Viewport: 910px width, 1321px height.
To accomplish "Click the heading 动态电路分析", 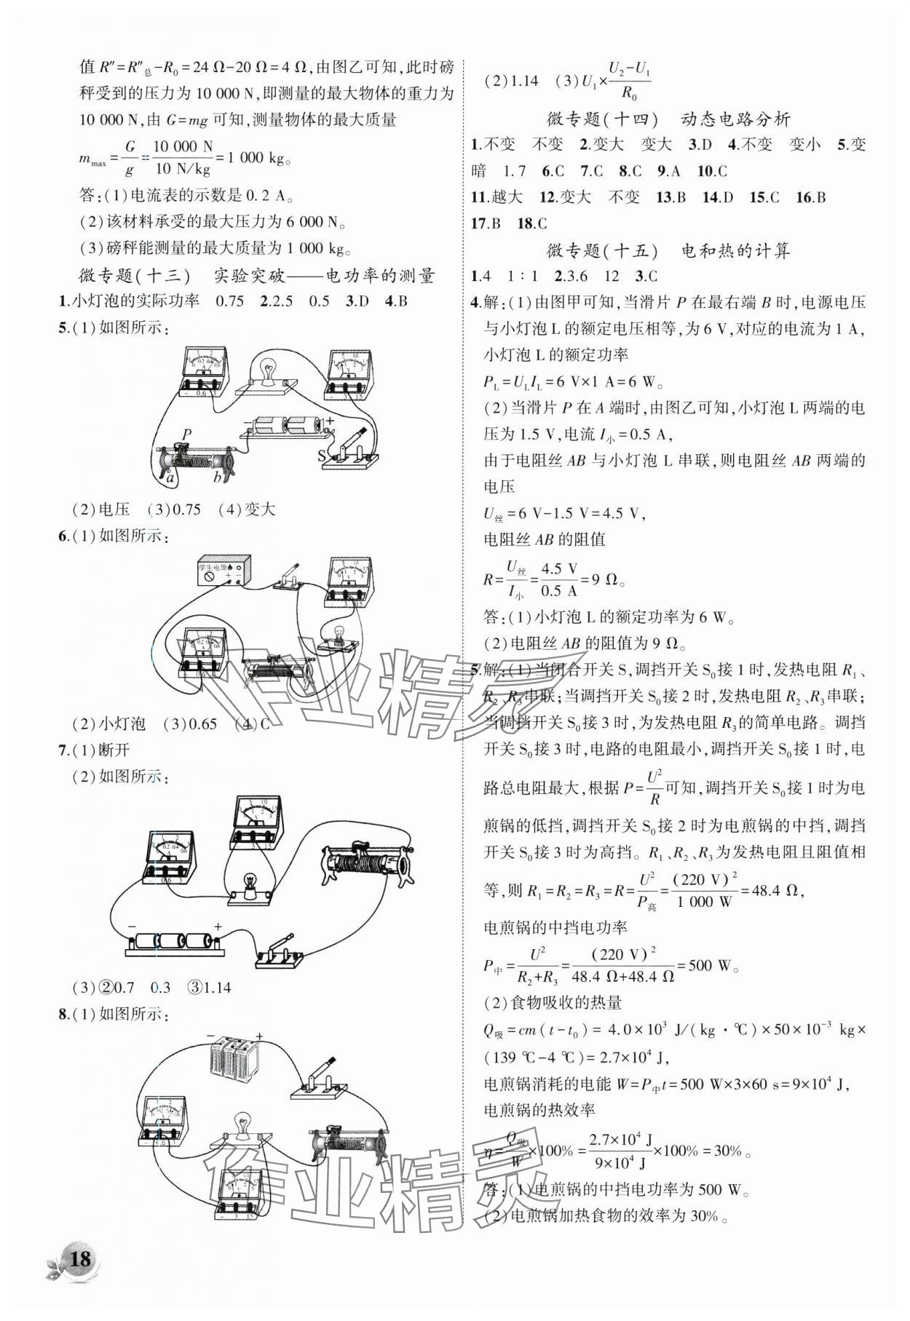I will pos(735,119).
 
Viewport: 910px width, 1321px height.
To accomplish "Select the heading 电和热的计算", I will pos(735,251).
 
